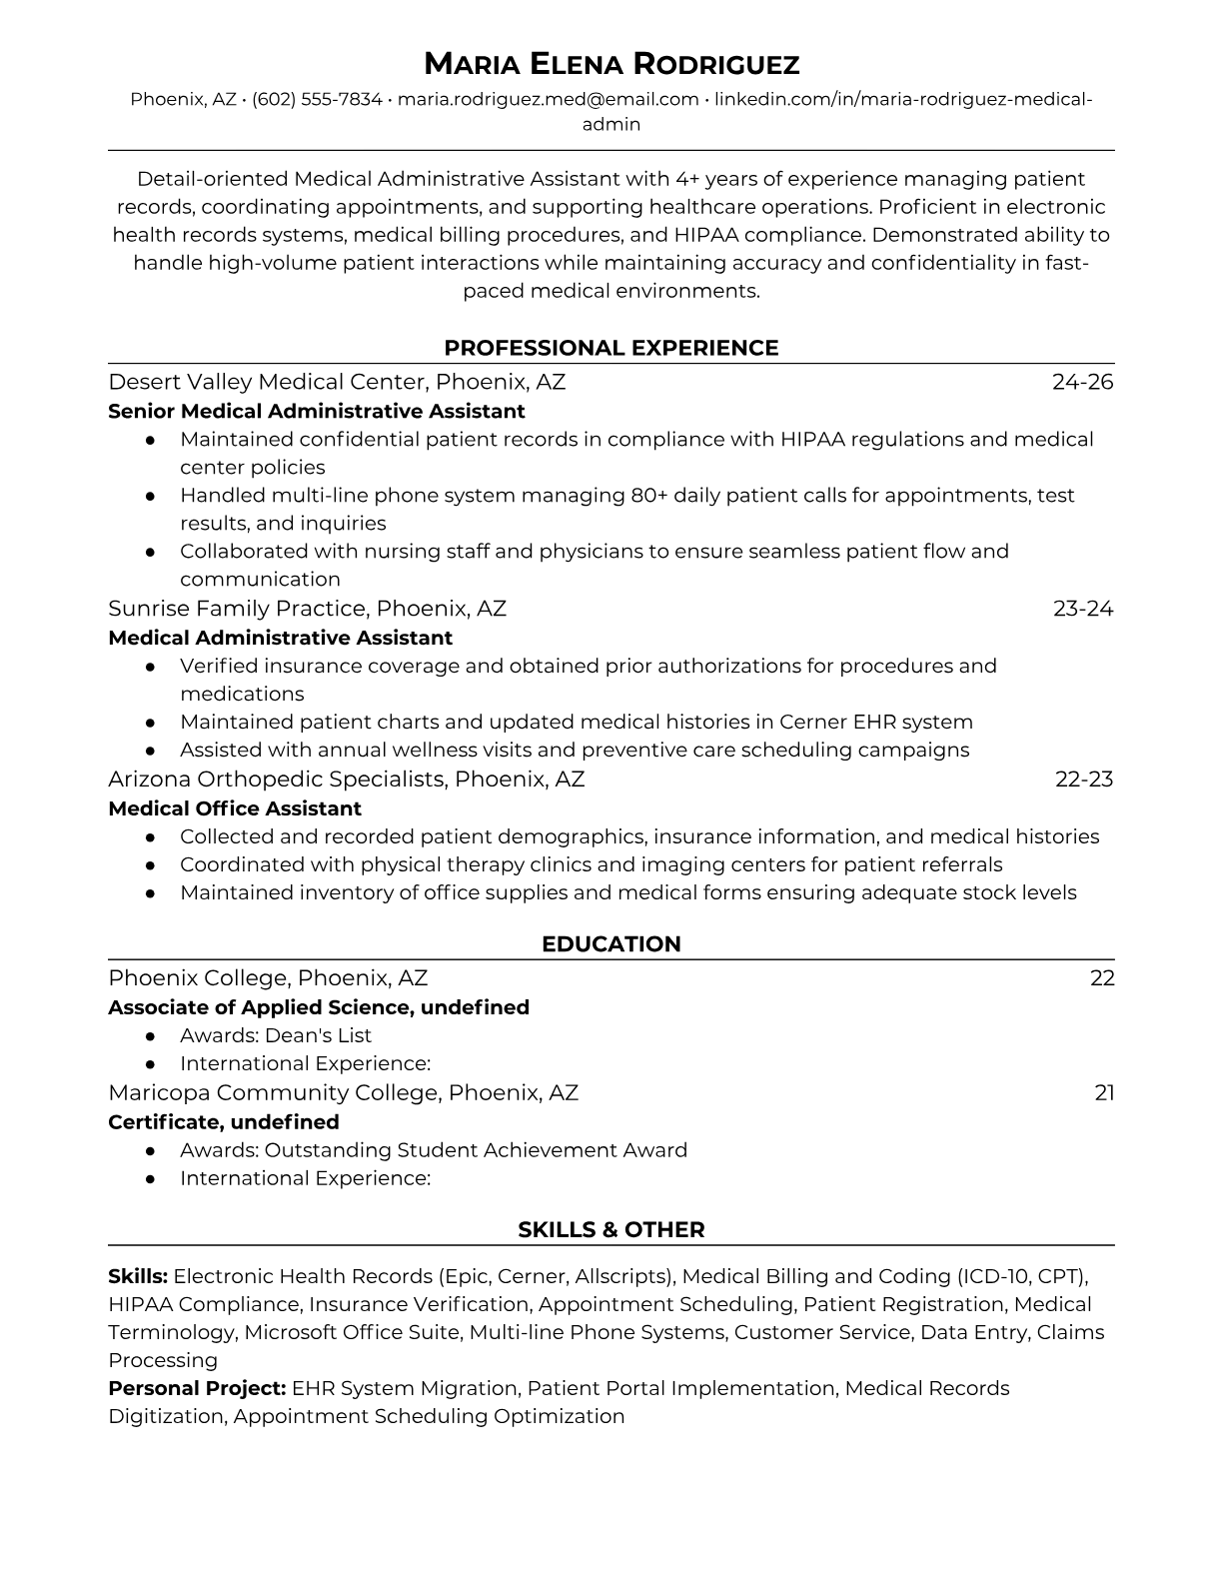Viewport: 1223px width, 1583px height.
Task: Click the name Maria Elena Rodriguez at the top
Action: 611,65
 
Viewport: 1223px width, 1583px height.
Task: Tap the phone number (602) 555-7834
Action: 317,100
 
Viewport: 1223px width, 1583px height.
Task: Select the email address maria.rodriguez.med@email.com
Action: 548,100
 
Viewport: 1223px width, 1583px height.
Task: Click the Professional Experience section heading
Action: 611,348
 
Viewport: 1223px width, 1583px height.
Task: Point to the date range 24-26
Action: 1082,382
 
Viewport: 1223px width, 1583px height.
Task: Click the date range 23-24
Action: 1082,609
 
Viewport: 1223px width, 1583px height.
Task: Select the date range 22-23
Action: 1083,780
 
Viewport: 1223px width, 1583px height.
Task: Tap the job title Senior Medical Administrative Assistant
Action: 316,412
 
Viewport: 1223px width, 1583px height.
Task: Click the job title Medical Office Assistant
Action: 234,808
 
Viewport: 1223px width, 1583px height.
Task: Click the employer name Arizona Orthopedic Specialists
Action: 276,780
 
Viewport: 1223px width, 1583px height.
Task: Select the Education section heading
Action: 611,944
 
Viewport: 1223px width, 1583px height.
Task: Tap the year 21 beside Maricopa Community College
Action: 1104,1093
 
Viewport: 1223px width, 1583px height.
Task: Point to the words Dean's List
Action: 318,1036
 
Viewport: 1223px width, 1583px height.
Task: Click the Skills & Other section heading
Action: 611,1230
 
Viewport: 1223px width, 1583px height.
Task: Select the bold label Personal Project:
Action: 197,1389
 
